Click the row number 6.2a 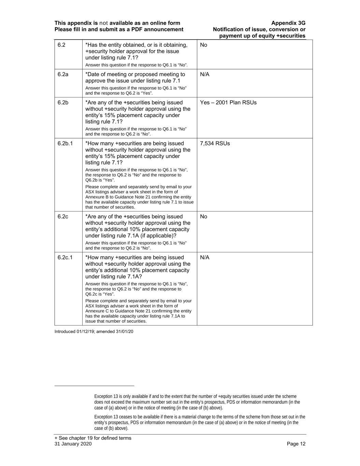63,74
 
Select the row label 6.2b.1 65,143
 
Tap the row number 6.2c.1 65,257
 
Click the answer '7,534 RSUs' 215,143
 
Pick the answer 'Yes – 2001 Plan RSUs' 228,102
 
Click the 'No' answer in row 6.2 204,45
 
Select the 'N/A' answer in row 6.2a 205,74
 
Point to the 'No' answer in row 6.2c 204,216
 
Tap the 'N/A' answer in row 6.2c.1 205,257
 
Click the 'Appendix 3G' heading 288,23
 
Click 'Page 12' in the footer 296,444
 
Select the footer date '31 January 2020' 73,444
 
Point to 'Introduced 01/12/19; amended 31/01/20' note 94,331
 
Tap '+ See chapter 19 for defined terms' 93,438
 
